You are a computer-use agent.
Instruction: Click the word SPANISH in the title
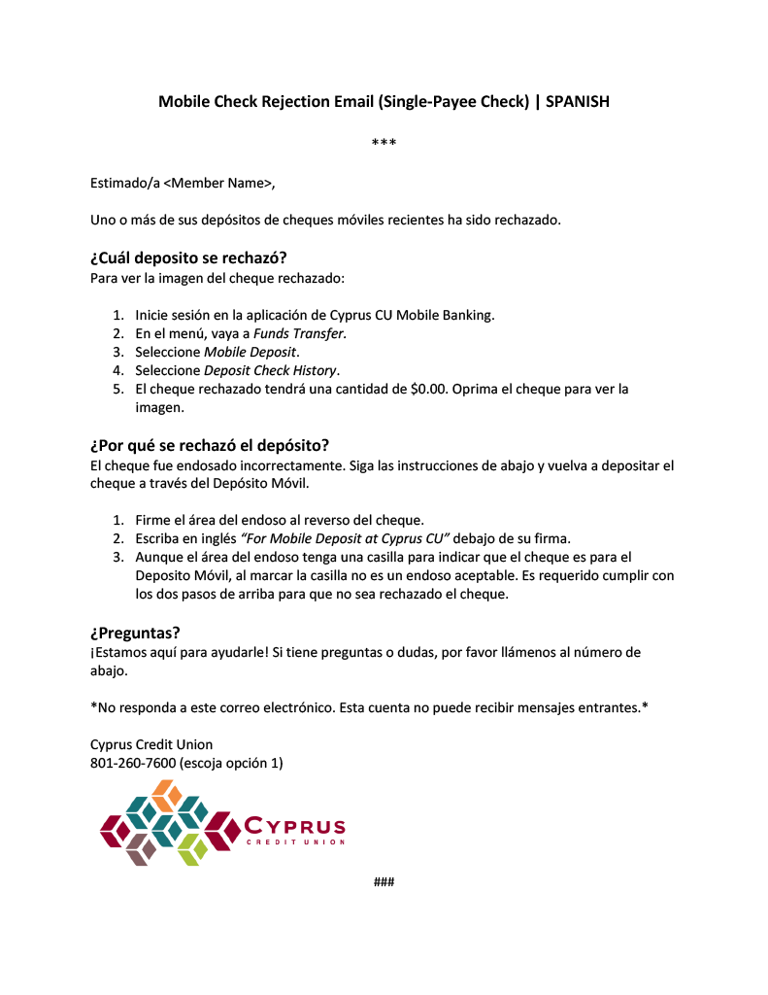pos(577,101)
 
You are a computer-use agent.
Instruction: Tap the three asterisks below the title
pos(384,145)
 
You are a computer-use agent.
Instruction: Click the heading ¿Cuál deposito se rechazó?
pos(188,258)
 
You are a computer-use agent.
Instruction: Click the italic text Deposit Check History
pos(270,370)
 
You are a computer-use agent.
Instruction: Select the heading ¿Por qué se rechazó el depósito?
pos(210,446)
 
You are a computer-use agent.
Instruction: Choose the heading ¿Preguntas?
pos(135,633)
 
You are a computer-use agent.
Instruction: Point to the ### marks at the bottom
pos(384,881)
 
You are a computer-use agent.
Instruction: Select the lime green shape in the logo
pos(192,848)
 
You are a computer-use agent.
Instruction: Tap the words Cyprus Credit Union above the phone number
pos(151,744)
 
